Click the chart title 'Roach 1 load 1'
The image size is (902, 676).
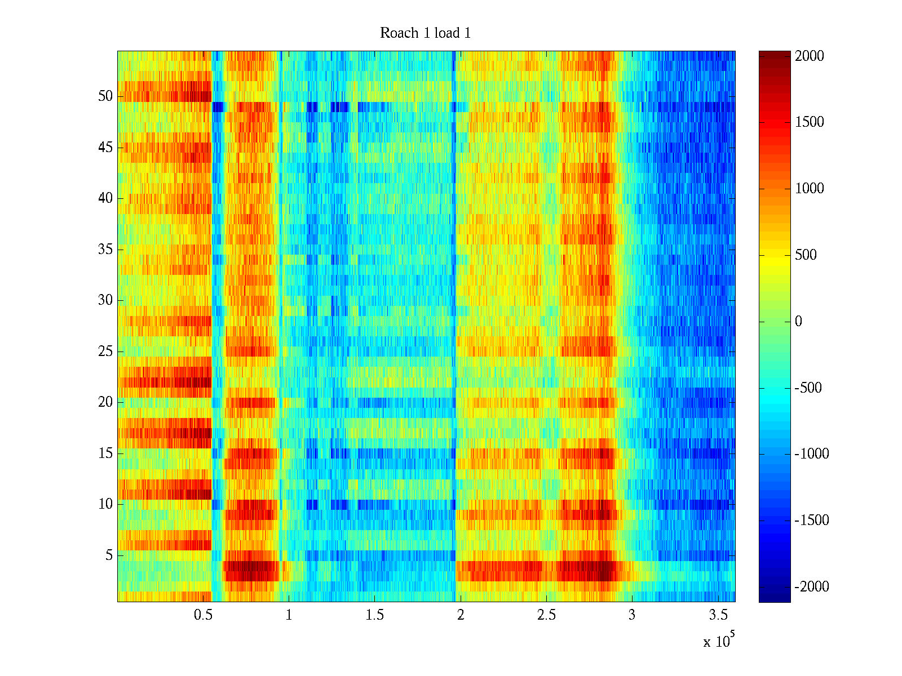pos(425,33)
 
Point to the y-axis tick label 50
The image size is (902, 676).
pos(105,96)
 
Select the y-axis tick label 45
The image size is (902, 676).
pos(105,148)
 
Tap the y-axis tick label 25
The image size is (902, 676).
pos(105,352)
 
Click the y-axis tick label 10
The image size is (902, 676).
pos(105,504)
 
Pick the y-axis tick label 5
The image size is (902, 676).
pos(109,555)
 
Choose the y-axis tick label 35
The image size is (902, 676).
pos(105,250)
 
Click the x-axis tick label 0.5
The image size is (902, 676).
pos(203,615)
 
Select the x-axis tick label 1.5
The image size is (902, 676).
pos(375,615)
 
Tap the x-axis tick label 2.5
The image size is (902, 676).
pos(546,615)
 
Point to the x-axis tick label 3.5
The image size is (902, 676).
pos(718,615)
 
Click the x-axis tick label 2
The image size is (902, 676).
pos(461,615)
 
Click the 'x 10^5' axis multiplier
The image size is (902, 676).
pos(718,641)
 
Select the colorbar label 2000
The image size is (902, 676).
pos(809,56)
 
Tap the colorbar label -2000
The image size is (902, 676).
pos(812,587)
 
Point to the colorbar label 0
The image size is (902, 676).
pos(798,322)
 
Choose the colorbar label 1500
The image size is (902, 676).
pos(809,122)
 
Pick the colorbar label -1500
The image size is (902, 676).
pos(812,521)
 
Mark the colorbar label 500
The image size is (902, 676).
pos(806,255)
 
